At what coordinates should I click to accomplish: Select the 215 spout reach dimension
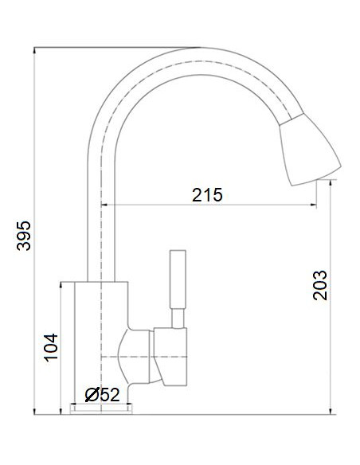pos(207,193)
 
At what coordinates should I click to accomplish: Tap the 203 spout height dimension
pos(320,283)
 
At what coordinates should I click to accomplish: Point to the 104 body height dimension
pos(49,347)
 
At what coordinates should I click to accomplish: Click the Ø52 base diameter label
pos(102,393)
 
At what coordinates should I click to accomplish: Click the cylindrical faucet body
pos(100,342)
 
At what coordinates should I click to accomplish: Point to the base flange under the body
pos(101,409)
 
